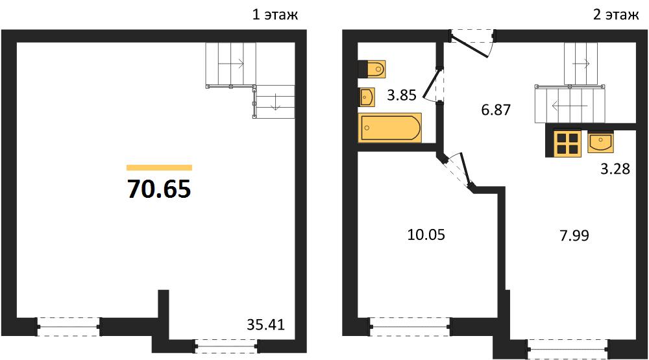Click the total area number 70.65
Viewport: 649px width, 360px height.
coord(159,189)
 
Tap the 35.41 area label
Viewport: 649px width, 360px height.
coord(265,325)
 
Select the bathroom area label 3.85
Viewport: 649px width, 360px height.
coord(402,95)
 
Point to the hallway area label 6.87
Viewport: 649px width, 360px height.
coord(496,110)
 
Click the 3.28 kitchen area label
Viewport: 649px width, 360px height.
coord(615,169)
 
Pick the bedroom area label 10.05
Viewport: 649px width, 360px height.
coord(426,235)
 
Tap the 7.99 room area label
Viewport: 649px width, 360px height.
coord(574,235)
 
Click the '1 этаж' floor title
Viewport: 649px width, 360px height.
coord(275,15)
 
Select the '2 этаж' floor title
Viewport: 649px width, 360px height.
coord(616,15)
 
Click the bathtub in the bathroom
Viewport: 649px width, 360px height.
coord(390,127)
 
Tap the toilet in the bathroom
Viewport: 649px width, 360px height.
coord(372,69)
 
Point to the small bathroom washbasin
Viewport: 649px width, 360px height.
coord(367,97)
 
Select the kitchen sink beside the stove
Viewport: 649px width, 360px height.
coord(600,141)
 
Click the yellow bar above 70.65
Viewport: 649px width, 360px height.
coord(160,167)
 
